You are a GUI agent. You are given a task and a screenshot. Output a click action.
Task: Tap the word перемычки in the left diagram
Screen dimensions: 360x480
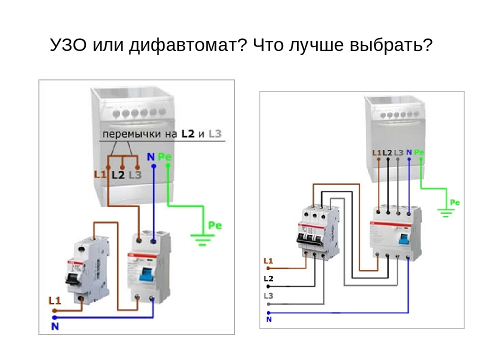(x=131, y=134)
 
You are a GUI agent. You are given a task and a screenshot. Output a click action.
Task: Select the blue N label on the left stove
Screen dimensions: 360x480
(x=150, y=157)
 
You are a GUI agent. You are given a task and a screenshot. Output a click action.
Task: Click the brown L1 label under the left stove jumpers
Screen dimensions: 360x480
(x=100, y=174)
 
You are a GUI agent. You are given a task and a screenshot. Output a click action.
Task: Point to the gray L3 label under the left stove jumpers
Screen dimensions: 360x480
(x=135, y=174)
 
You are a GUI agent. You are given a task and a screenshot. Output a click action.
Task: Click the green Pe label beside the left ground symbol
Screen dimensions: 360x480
(x=214, y=225)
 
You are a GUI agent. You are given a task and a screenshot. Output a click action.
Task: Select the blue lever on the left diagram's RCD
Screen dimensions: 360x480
(x=146, y=274)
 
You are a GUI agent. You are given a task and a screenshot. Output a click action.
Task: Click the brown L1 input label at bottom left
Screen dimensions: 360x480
(x=54, y=300)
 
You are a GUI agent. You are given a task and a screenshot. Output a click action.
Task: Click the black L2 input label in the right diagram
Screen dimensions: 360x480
(x=268, y=278)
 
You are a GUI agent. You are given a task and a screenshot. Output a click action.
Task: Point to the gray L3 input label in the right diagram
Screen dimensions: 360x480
(x=268, y=295)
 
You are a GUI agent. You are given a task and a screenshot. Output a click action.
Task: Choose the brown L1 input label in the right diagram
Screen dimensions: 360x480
(x=268, y=261)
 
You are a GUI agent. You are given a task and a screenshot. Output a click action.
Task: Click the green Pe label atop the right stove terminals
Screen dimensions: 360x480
(x=419, y=152)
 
